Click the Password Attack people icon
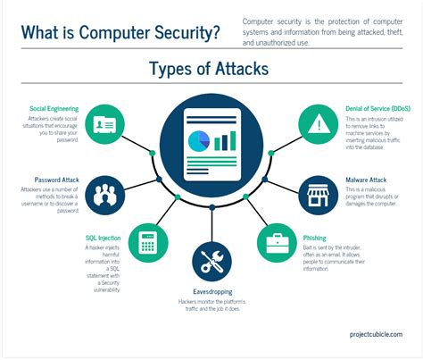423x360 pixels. pyautogui.click(x=106, y=192)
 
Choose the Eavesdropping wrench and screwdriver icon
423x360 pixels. pyautogui.click(x=211, y=261)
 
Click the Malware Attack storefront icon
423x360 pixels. pyautogui.click(x=318, y=192)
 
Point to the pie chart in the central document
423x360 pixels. pyautogui.click(x=201, y=140)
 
